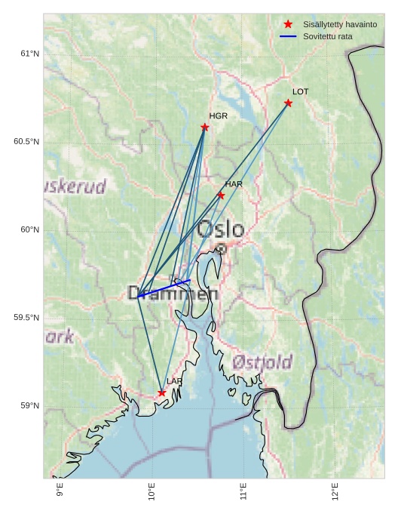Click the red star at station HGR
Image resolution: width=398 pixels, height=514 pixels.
tap(205, 127)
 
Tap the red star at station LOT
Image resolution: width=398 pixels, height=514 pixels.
tap(289, 103)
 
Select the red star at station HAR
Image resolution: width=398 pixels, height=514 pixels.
tap(221, 195)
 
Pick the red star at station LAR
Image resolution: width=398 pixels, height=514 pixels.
tap(162, 392)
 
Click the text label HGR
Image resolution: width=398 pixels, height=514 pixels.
tap(218, 116)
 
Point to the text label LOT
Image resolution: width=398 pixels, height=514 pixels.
tap(301, 91)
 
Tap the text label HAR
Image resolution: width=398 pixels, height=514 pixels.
tap(234, 184)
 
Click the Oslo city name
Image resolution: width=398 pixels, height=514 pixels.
tap(221, 229)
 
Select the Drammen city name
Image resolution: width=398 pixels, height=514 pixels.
tap(173, 294)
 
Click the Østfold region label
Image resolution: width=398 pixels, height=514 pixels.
tap(262, 363)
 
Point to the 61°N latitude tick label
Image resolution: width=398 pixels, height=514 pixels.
tap(29, 54)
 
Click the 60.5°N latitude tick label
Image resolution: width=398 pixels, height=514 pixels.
tap(26, 142)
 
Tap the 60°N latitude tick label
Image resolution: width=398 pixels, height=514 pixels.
tap(29, 229)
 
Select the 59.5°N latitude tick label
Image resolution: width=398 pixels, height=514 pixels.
tap(26, 318)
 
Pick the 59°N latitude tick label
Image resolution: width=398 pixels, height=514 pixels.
tap(29, 405)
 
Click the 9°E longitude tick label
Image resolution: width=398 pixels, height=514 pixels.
tap(60, 491)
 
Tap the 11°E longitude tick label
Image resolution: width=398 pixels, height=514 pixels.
tap(243, 491)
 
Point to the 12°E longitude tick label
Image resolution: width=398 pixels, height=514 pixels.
tap(335, 491)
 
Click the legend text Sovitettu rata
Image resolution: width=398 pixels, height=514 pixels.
tap(328, 36)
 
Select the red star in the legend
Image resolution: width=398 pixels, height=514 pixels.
tap(288, 24)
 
